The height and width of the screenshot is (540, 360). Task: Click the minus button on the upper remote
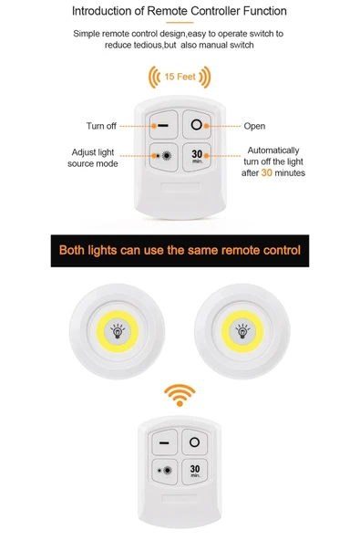pyautogui.click(x=164, y=125)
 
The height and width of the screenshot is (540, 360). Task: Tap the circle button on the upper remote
pyautogui.click(x=197, y=124)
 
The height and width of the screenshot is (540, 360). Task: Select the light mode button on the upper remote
pyautogui.click(x=164, y=157)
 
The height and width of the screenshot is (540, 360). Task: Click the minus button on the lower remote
pyautogui.click(x=165, y=442)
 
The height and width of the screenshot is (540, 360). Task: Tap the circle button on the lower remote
pyautogui.click(x=194, y=441)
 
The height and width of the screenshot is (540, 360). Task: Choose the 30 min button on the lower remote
pyautogui.click(x=194, y=472)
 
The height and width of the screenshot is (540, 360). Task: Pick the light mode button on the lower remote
pyautogui.click(x=165, y=472)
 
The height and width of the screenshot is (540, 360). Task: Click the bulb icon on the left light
pyautogui.click(x=118, y=331)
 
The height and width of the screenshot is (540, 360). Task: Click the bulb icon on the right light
pyautogui.click(x=242, y=331)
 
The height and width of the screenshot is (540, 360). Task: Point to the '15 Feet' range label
pyautogui.click(x=180, y=77)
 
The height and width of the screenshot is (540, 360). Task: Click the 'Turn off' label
pyautogui.click(x=101, y=126)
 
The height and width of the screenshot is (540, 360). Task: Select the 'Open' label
pyautogui.click(x=254, y=126)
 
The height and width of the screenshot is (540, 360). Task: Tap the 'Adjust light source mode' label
pyautogui.click(x=93, y=158)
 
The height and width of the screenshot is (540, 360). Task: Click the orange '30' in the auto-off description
pyautogui.click(x=266, y=172)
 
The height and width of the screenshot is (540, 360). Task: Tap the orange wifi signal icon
pyautogui.click(x=180, y=395)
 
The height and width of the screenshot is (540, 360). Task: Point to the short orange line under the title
pyautogui.click(x=180, y=23)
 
